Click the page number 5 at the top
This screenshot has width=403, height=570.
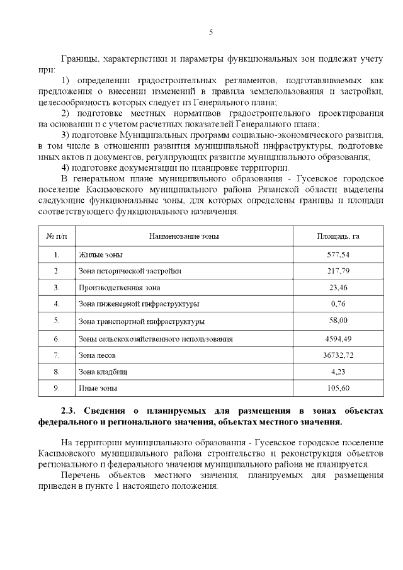[x=211, y=32]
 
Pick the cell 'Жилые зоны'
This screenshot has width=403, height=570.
[x=101, y=255]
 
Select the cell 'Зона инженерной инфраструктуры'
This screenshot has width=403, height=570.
[x=139, y=304]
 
